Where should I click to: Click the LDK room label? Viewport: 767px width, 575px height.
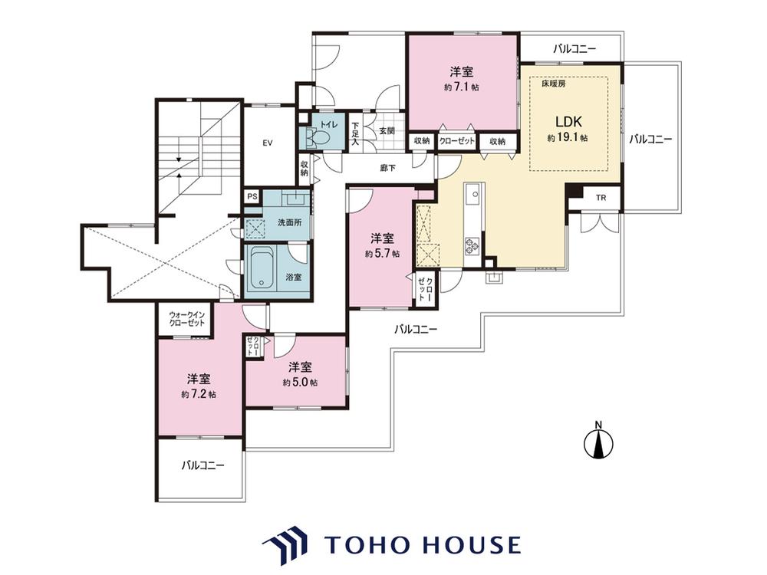(568, 121)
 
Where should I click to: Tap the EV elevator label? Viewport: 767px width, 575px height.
(267, 143)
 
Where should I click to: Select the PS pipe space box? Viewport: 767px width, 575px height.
(252, 196)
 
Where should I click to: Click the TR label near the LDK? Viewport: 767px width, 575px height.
(601, 198)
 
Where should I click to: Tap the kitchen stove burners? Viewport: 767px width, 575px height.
(472, 245)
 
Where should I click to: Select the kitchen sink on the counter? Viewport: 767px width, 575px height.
(473, 195)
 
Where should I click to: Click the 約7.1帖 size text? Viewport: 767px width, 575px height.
(461, 87)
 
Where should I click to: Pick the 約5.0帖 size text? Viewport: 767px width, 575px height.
(300, 382)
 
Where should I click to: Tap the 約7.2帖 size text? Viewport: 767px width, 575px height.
(199, 393)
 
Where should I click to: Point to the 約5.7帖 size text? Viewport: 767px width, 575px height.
(382, 254)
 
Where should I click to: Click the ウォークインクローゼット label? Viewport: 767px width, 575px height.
(187, 319)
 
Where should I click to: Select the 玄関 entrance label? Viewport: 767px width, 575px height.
(387, 131)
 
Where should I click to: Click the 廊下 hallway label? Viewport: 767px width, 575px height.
(388, 168)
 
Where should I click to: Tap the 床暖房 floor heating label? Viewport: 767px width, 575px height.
(554, 84)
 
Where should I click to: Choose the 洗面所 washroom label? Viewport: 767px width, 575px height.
(289, 222)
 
